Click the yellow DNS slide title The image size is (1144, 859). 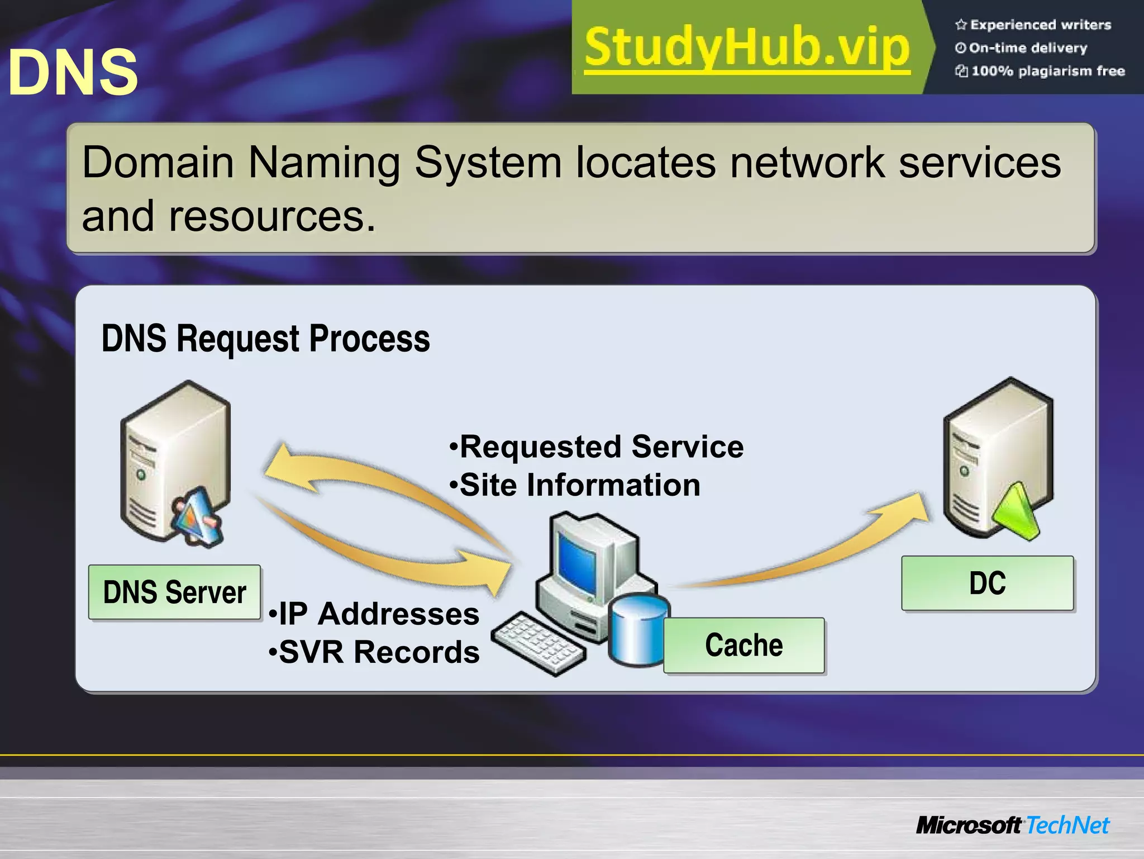[x=73, y=72]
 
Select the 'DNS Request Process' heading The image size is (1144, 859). [x=265, y=339]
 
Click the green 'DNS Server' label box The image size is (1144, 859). [x=174, y=592]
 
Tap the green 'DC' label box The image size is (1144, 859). [x=987, y=583]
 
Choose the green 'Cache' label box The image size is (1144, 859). [x=743, y=645]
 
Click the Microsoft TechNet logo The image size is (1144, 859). [x=1012, y=825]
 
